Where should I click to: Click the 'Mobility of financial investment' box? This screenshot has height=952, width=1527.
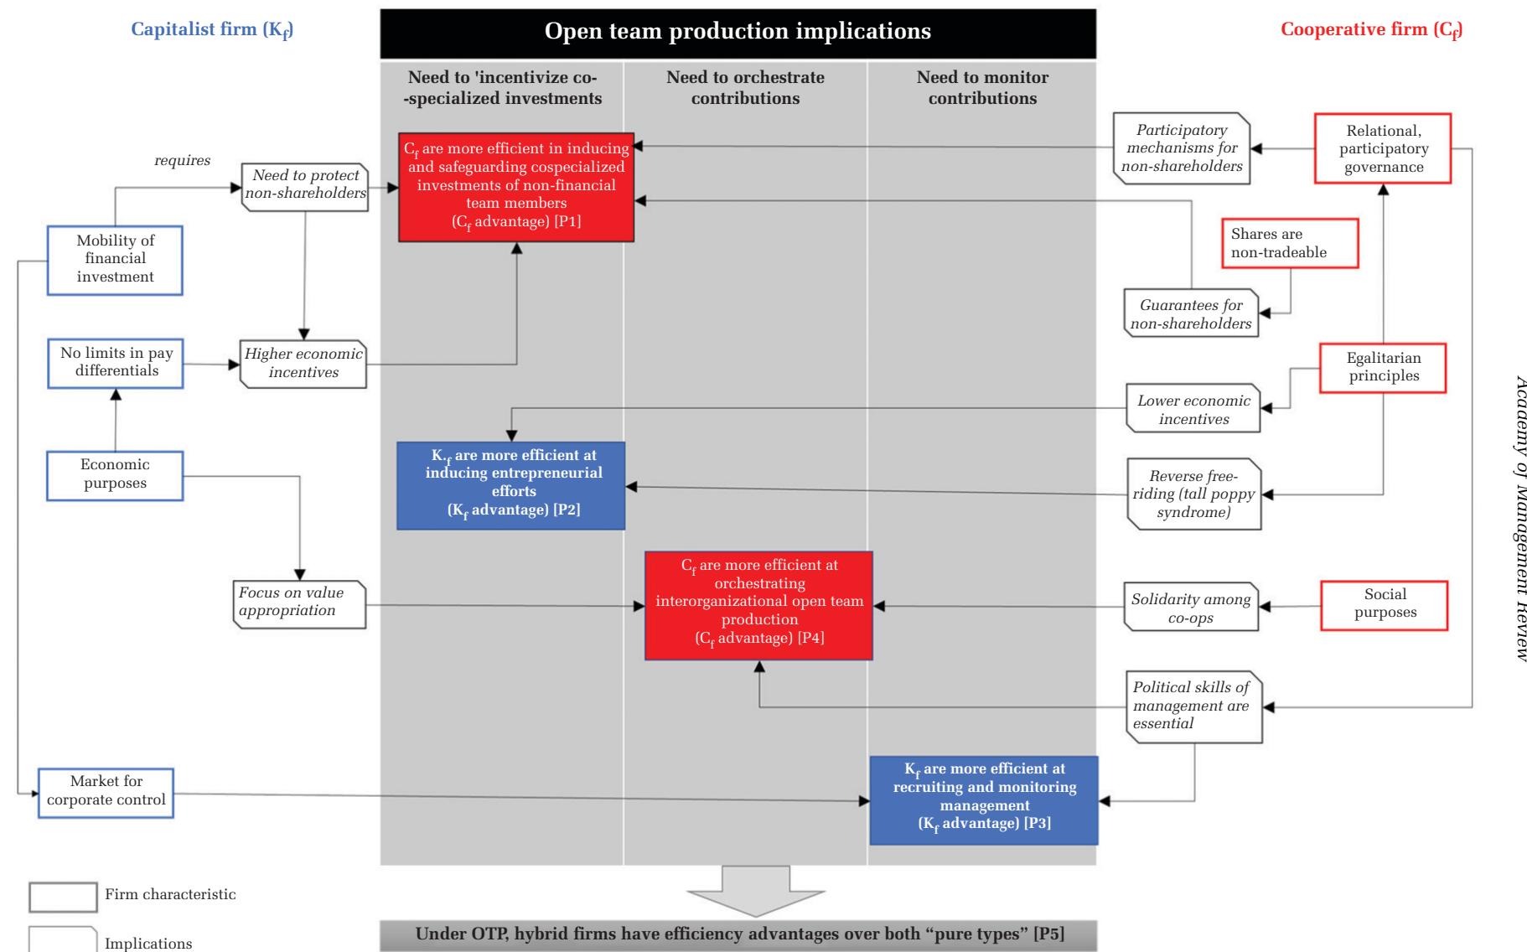click(x=115, y=259)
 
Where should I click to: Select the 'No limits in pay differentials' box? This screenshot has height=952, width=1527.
click(x=115, y=363)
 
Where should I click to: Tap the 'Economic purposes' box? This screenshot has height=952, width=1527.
click(x=115, y=475)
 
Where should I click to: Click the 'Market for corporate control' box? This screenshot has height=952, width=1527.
click(x=106, y=791)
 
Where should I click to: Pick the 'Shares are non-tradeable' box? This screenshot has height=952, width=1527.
click(x=1290, y=244)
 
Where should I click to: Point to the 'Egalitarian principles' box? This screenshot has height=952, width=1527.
click(x=1383, y=368)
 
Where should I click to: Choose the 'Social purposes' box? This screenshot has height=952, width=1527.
click(x=1385, y=603)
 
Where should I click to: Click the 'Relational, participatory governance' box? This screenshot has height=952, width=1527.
click(x=1383, y=149)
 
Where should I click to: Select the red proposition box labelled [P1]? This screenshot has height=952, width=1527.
click(x=515, y=186)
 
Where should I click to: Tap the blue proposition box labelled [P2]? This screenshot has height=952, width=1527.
click(x=510, y=485)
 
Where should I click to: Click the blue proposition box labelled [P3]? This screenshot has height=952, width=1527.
click(x=983, y=800)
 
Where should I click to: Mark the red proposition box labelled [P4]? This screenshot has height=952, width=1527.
click(x=758, y=605)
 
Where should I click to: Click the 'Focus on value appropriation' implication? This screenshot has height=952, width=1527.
click(x=299, y=603)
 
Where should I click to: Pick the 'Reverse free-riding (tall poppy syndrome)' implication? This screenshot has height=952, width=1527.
click(x=1193, y=494)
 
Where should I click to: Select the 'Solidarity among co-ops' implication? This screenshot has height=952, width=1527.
click(x=1190, y=608)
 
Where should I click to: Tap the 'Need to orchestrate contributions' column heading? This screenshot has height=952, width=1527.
click(x=745, y=88)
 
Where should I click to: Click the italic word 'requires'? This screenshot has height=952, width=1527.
click(x=183, y=160)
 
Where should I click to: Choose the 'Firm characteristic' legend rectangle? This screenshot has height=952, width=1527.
click(x=63, y=896)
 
